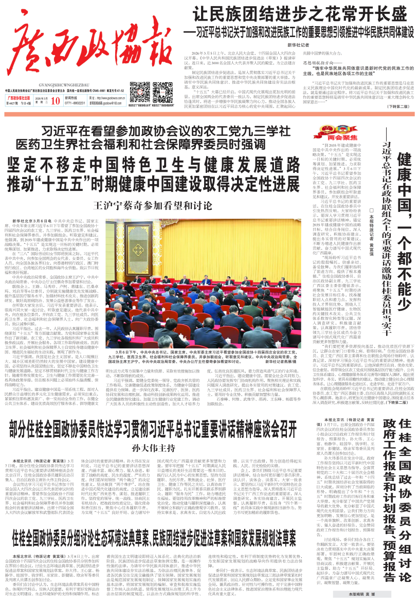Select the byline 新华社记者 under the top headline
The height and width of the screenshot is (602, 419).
(298, 45)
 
